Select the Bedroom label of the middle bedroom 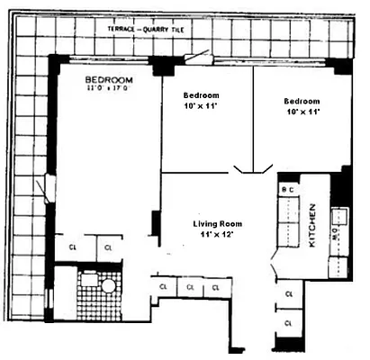pos(201,94)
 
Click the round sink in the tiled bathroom pos(107,285)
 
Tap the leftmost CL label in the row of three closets pos(164,287)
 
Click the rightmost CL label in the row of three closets pos(216,287)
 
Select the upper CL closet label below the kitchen pos(288,294)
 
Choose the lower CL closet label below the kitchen pos(288,322)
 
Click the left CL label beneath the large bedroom pos(72,246)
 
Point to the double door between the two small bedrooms pos(253,168)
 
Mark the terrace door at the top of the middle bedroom pos(197,58)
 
